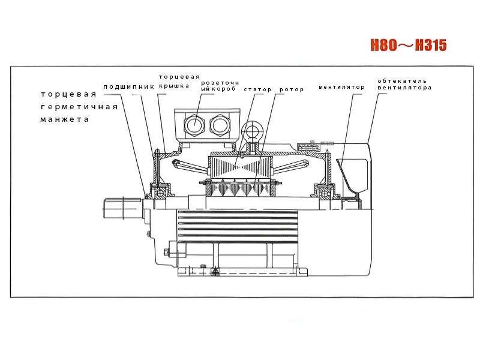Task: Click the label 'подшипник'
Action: [128, 87]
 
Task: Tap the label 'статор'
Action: [257, 89]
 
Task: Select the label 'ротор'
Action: [292, 89]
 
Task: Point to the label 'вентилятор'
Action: [341, 87]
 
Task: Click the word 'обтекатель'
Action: [402, 81]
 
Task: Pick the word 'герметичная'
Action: [79, 107]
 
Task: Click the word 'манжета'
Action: [65, 119]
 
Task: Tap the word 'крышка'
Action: [174, 86]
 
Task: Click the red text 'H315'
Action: [431, 46]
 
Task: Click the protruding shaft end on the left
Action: [122, 208]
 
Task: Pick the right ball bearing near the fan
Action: [325, 193]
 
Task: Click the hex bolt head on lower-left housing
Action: [167, 253]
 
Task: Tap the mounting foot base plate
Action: [242, 272]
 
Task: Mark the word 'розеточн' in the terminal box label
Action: [220, 83]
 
